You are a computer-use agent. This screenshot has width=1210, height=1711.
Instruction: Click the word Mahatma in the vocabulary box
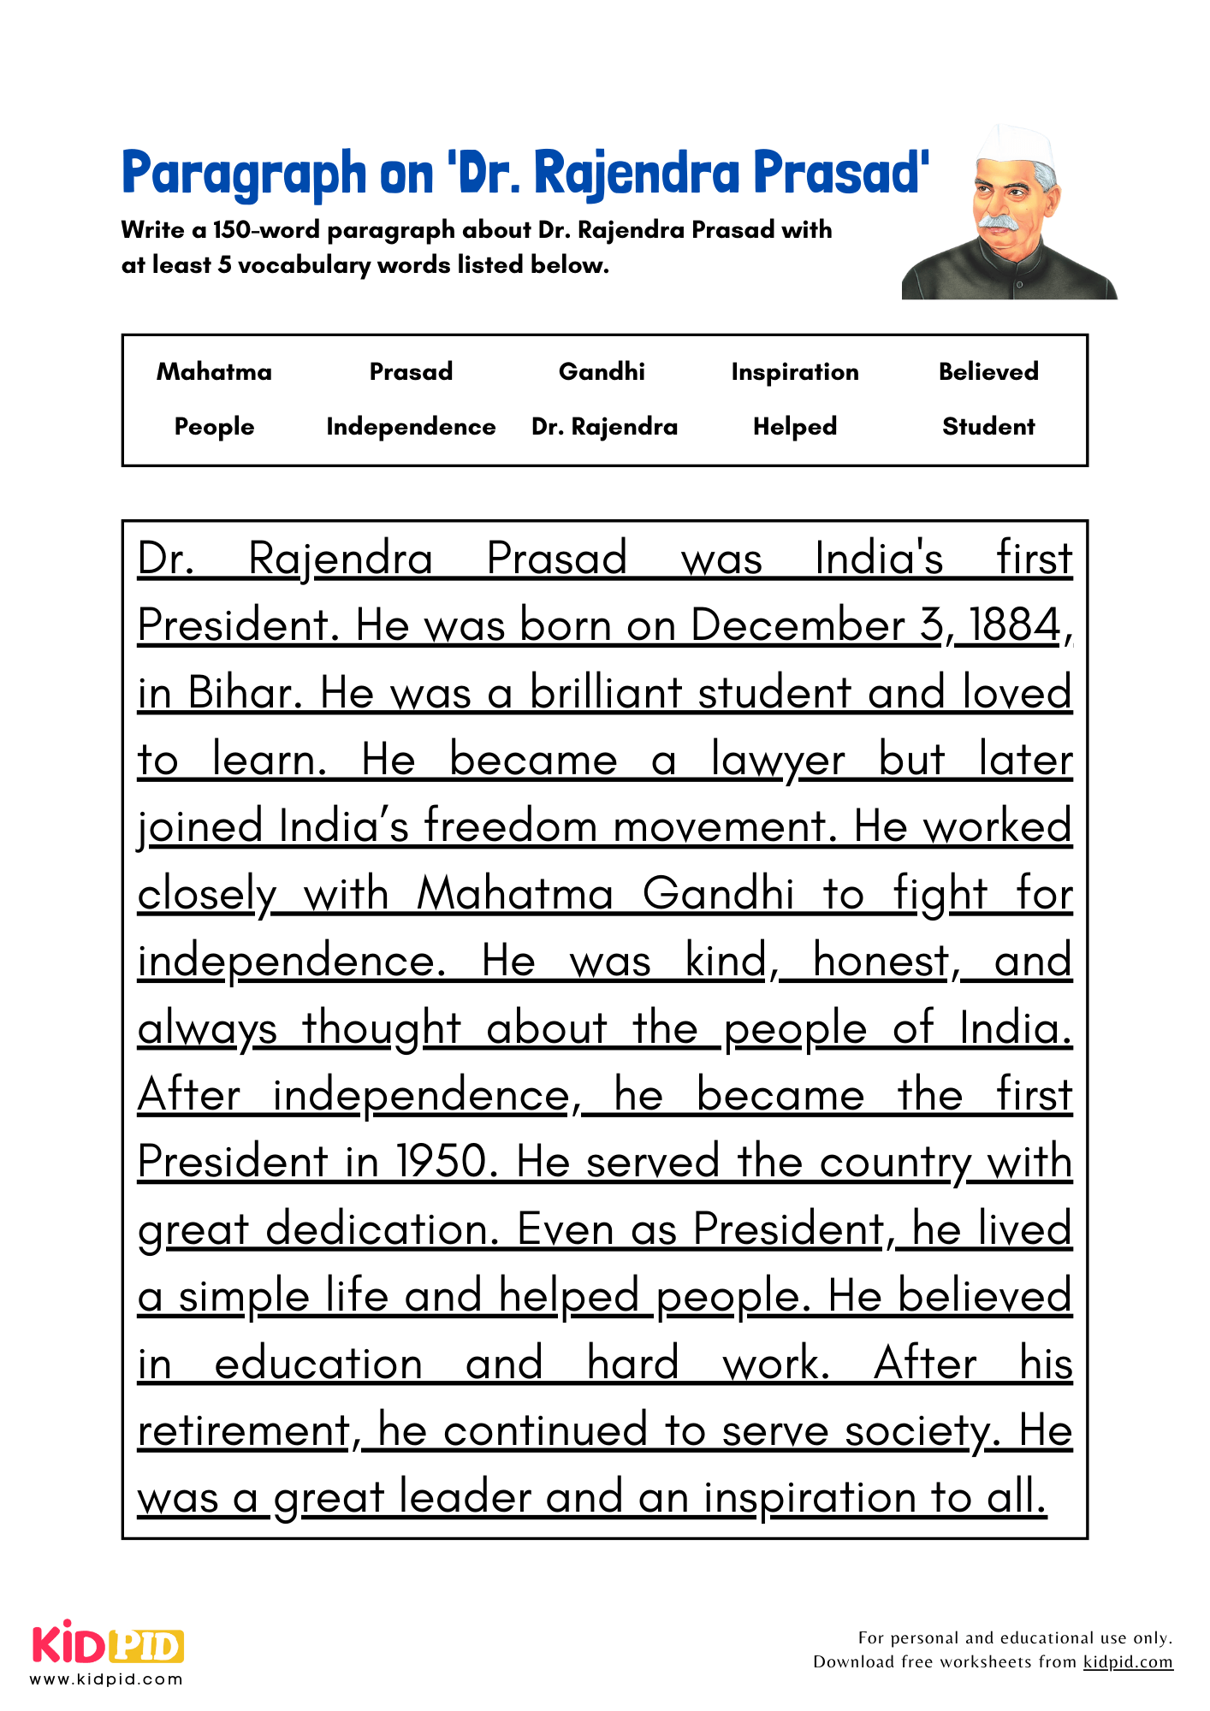coord(214,371)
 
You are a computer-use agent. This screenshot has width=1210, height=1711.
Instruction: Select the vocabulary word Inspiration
coord(794,372)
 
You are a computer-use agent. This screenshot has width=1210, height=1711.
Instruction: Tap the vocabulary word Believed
coord(988,371)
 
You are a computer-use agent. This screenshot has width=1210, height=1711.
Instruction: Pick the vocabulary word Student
coord(988,426)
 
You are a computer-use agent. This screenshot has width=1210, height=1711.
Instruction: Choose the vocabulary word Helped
coord(794,426)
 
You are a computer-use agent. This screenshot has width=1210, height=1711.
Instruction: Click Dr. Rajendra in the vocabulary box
coord(604,426)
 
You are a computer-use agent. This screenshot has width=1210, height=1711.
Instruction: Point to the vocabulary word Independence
coord(411,426)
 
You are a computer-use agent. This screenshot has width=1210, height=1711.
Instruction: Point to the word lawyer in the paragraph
coord(777,761)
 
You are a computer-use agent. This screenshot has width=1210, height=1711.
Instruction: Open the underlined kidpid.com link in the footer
coord(1127,1661)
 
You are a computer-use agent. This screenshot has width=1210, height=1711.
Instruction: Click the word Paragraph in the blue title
coord(244,174)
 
